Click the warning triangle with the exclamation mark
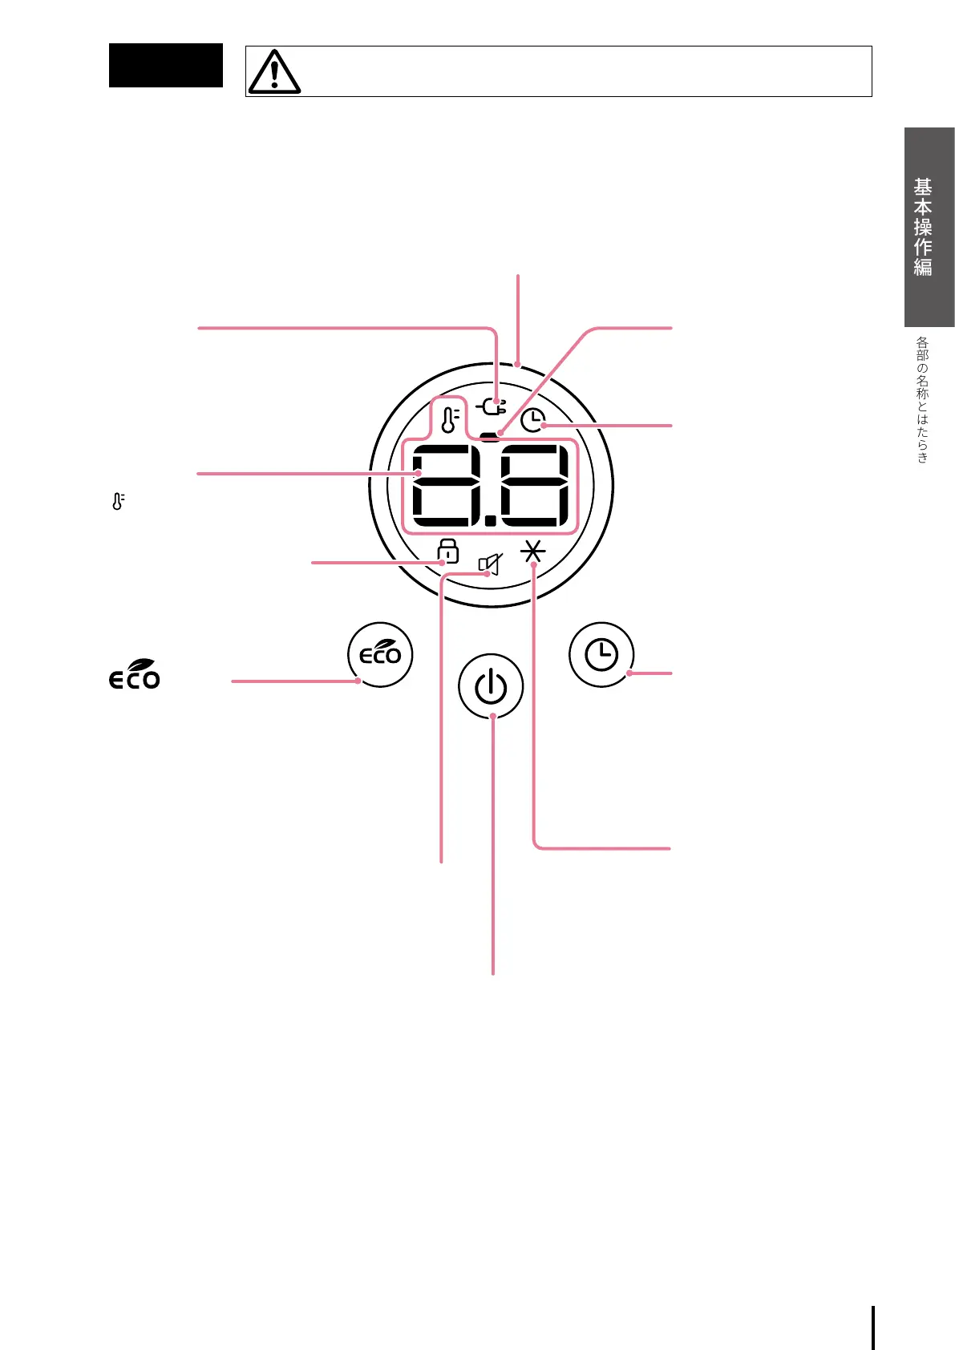pyautogui.click(x=274, y=72)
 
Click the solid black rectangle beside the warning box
pyautogui.click(x=166, y=65)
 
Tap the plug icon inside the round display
pyautogui.click(x=492, y=406)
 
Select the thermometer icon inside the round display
pyautogui.click(x=451, y=418)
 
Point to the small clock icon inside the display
pyautogui.click(x=532, y=420)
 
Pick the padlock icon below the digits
pyautogui.click(x=447, y=551)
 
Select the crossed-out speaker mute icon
pyautogui.click(x=490, y=564)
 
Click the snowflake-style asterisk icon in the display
pyautogui.click(x=533, y=552)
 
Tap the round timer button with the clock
pyautogui.click(x=601, y=654)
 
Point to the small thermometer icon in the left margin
pyautogui.click(x=118, y=502)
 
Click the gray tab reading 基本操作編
pyautogui.click(x=929, y=227)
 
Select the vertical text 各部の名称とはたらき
pyautogui.click(x=922, y=398)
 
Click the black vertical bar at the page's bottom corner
pyautogui.click(x=873, y=1328)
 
